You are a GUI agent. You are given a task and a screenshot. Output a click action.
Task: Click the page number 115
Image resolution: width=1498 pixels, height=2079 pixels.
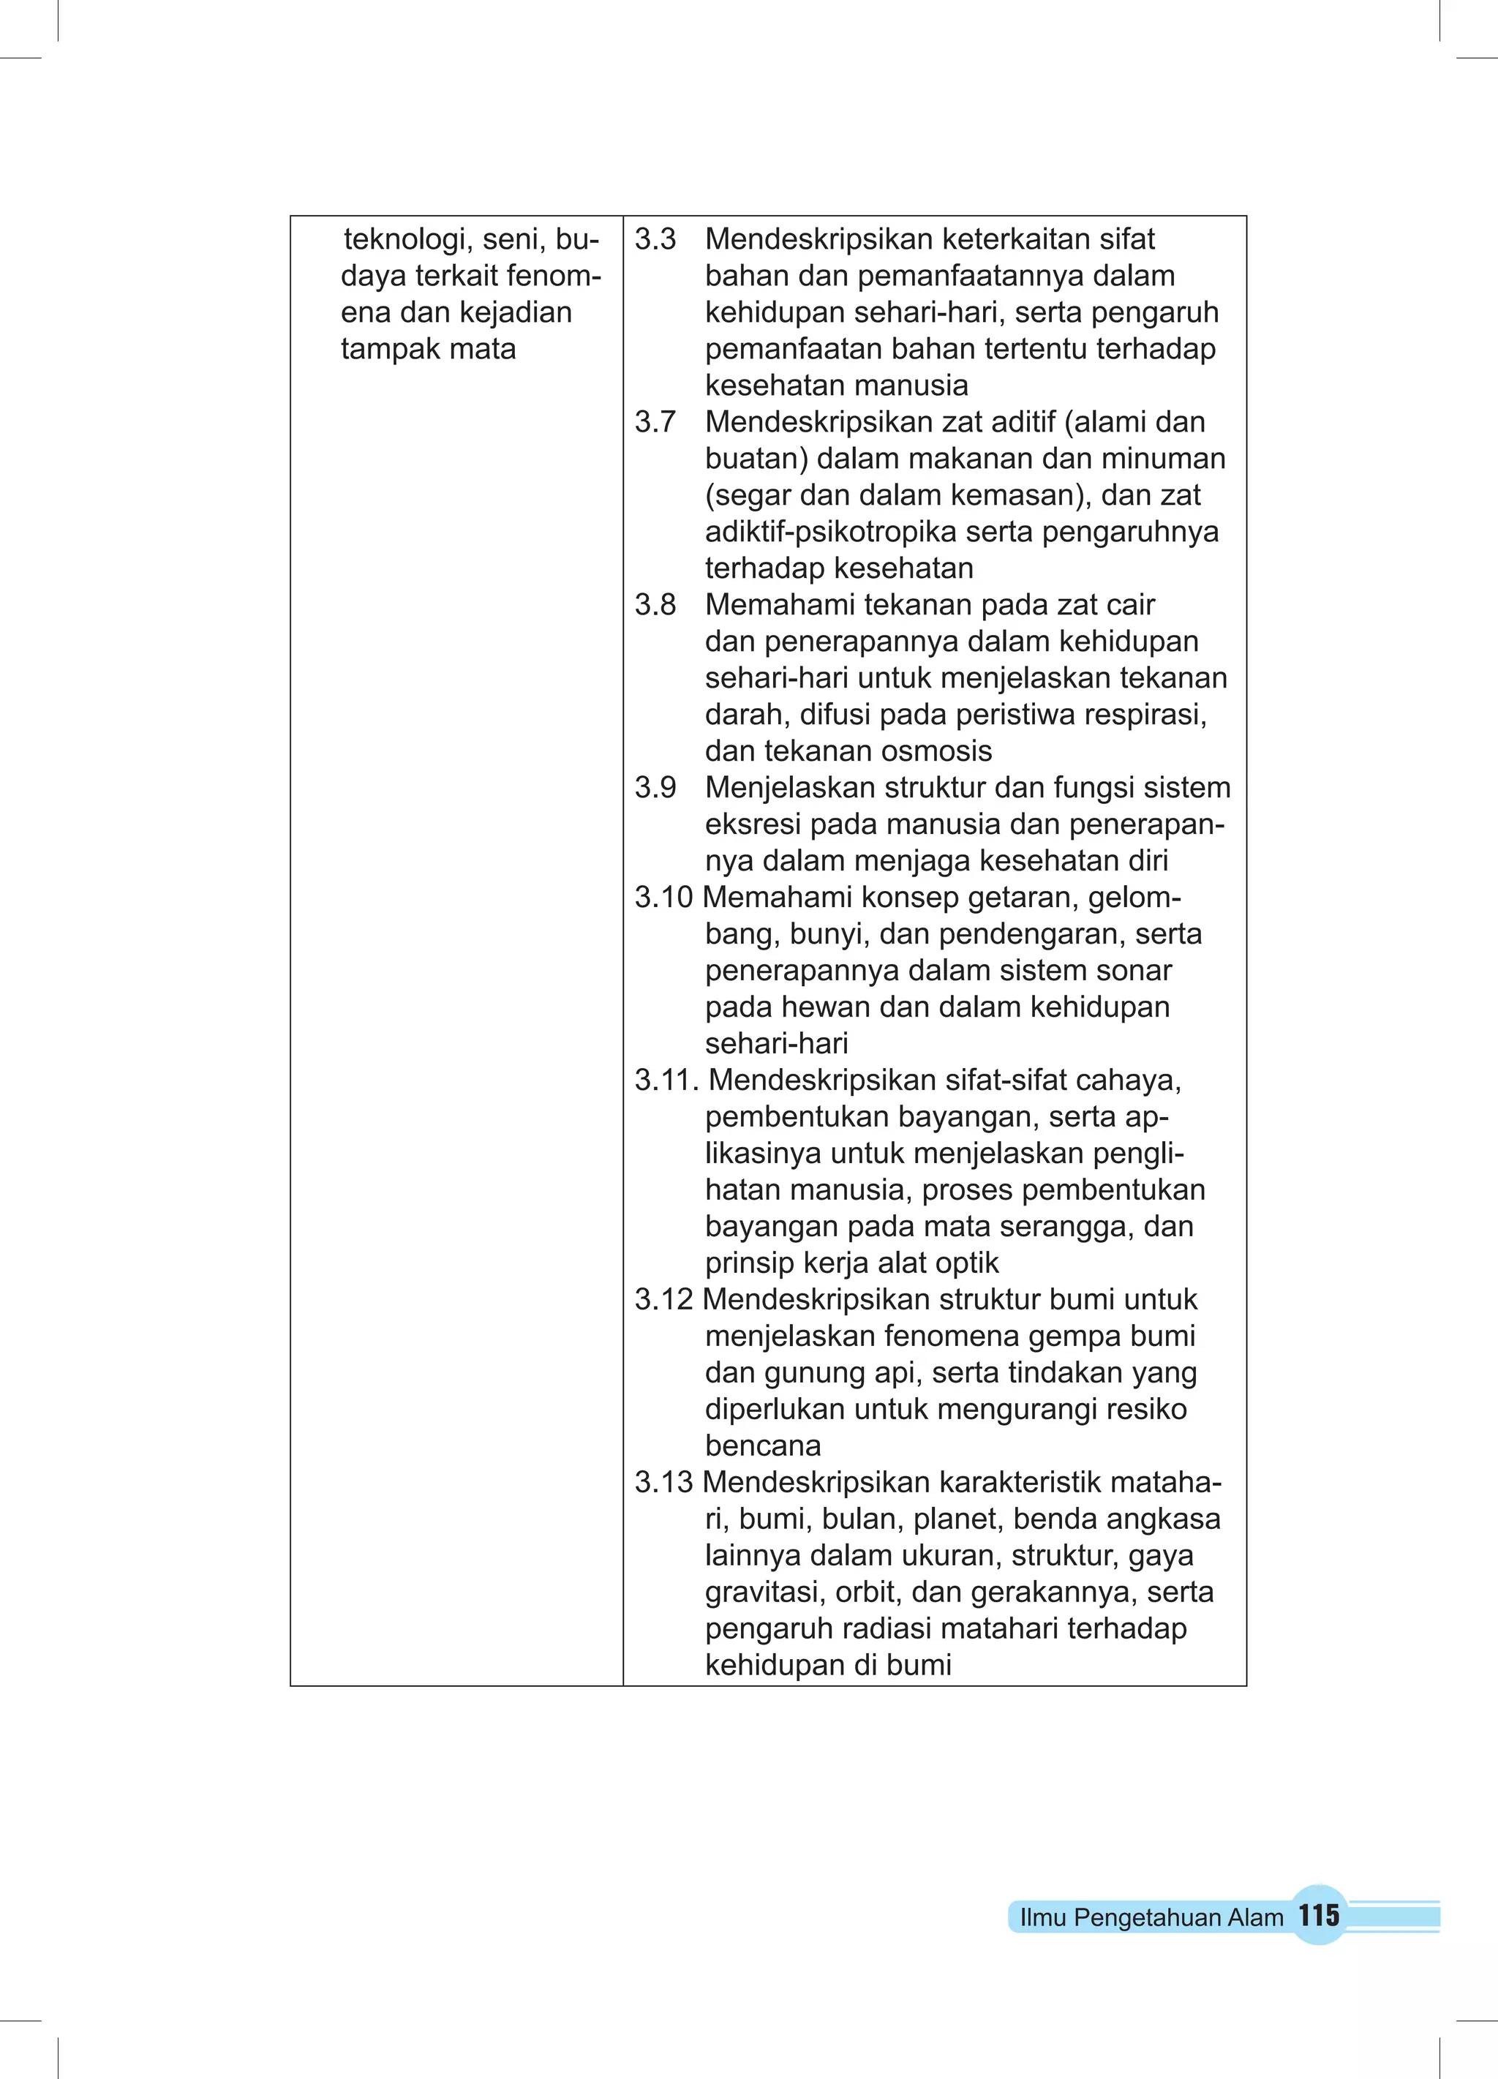1318,1915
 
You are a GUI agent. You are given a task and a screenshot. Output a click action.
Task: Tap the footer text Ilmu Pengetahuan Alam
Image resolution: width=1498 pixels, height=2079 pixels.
1151,1917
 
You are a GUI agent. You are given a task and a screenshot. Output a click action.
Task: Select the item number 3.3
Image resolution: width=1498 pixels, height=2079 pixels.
655,239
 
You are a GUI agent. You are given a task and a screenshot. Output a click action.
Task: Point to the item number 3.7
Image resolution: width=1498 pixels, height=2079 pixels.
655,421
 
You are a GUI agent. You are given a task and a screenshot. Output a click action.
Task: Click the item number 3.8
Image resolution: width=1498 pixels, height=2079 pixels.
655,605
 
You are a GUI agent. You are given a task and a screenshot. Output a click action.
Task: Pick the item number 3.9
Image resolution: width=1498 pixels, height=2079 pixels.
655,787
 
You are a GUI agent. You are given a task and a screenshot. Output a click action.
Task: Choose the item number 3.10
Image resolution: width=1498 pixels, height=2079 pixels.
663,898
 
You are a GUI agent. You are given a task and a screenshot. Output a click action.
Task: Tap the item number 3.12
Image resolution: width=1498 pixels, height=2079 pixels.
663,1300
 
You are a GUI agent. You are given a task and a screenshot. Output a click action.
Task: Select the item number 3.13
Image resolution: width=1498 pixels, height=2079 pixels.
663,1482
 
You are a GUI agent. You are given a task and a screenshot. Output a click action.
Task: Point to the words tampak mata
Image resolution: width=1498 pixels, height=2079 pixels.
428,349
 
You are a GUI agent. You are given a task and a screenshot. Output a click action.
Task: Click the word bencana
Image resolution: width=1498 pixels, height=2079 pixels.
763,1445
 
